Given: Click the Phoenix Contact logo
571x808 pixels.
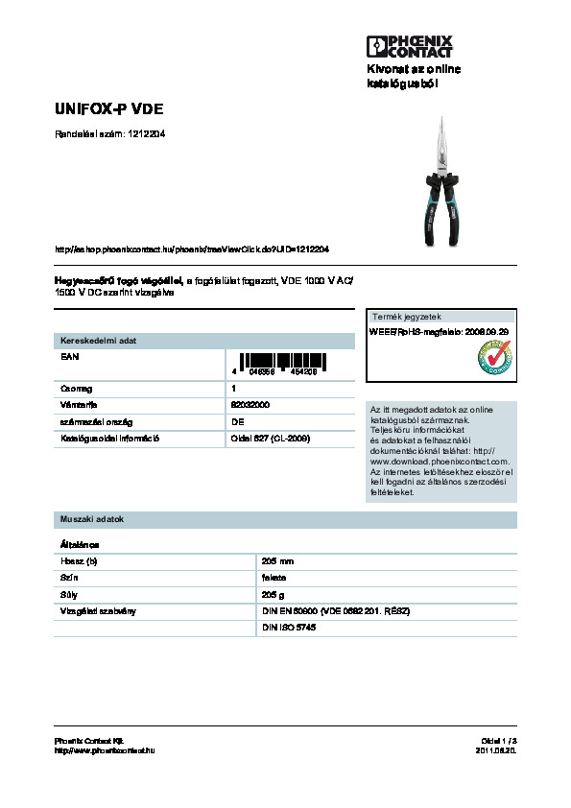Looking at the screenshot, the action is click(409, 44).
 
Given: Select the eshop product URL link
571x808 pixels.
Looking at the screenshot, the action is click(193, 249).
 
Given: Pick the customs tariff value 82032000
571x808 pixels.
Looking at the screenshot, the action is click(250, 405).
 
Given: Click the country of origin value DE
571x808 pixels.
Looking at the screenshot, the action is click(236, 421).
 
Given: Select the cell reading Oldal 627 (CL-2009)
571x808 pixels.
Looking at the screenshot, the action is click(270, 439).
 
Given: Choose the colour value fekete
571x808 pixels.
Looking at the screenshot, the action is click(274, 578).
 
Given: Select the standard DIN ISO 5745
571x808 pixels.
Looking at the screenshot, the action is click(289, 627).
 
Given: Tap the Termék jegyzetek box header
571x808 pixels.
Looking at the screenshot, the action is click(407, 317).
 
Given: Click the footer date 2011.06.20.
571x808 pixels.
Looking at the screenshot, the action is click(496, 749).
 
